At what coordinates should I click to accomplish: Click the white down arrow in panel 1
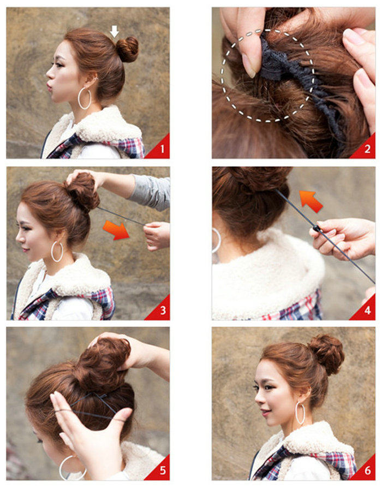(114, 31)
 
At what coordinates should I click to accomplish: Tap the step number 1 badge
(162, 149)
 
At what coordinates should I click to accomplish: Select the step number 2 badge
(368, 149)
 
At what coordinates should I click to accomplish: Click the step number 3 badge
(162, 311)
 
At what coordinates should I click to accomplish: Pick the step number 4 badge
(368, 311)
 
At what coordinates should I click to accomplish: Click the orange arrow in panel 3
(116, 230)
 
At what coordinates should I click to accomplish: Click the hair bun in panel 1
(128, 49)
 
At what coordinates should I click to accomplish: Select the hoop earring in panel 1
(85, 98)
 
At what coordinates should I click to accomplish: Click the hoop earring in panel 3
(57, 251)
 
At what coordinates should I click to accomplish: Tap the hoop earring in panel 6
(300, 413)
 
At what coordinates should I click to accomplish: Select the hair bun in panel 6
(326, 354)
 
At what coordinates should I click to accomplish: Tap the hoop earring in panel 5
(71, 468)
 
